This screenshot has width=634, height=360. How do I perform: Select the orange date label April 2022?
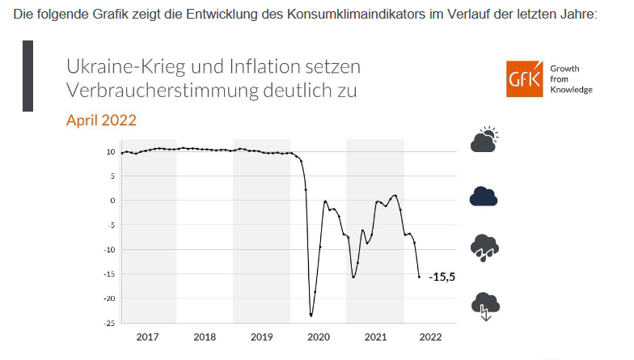point(101,121)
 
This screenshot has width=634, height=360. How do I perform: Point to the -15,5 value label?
point(442,277)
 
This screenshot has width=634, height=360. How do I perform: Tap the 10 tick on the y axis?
point(110,151)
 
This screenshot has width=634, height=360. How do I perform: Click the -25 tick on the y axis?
point(108,324)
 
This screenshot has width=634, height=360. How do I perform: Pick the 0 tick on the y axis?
point(112,201)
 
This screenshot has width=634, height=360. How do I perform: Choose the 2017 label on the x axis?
point(148,337)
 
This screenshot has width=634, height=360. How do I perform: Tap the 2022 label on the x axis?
point(430,337)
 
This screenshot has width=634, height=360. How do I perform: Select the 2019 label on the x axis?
point(261,337)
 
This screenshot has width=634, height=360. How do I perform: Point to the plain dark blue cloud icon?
point(484,196)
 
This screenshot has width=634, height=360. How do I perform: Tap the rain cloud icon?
point(484,247)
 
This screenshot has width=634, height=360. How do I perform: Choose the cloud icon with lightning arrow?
point(485,305)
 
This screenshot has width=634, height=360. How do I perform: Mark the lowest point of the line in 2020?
point(311,316)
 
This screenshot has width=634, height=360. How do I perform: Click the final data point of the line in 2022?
point(419,277)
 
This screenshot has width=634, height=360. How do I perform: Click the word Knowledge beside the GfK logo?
point(571,90)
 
